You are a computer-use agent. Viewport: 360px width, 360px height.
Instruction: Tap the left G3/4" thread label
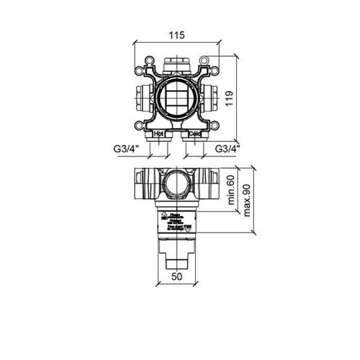[x=126, y=149]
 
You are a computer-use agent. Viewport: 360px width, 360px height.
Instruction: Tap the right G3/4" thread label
[x=227, y=149]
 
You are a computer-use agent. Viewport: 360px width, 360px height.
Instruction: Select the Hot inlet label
[x=159, y=133]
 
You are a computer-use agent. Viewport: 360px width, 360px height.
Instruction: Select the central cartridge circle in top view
[x=177, y=97]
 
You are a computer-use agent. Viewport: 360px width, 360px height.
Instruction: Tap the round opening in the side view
[x=177, y=183]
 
